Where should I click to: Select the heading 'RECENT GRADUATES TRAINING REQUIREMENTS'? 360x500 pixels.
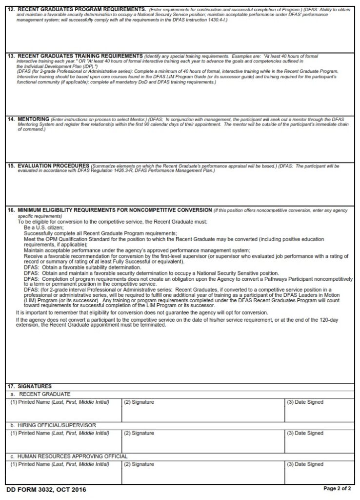click(x=80, y=56)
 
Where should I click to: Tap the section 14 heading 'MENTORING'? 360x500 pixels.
click(x=33, y=119)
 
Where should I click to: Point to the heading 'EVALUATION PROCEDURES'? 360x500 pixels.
click(x=53, y=166)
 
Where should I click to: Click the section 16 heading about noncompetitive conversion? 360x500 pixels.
click(x=115, y=210)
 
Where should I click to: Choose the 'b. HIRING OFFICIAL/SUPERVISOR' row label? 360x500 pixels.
click(x=53, y=425)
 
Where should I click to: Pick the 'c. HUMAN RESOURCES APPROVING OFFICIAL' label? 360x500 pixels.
click(x=69, y=456)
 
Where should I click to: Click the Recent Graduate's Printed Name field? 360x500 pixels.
click(x=63, y=413)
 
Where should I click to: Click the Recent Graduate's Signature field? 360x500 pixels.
click(x=203, y=413)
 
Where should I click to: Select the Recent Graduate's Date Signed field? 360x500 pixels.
click(x=319, y=413)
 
